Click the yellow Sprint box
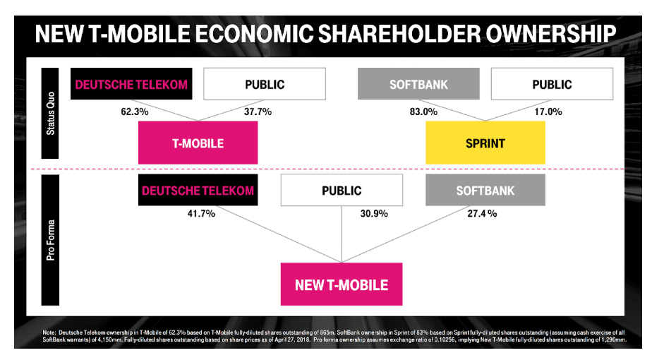(485, 143)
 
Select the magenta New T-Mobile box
(342, 285)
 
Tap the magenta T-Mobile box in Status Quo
(198, 143)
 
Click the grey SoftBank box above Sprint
(418, 85)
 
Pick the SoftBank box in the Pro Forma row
(485, 191)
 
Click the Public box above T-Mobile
(265, 85)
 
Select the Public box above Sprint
(552, 85)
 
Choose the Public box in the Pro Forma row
(342, 191)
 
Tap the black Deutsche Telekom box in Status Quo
(131, 85)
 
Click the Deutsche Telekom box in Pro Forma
(198, 191)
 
